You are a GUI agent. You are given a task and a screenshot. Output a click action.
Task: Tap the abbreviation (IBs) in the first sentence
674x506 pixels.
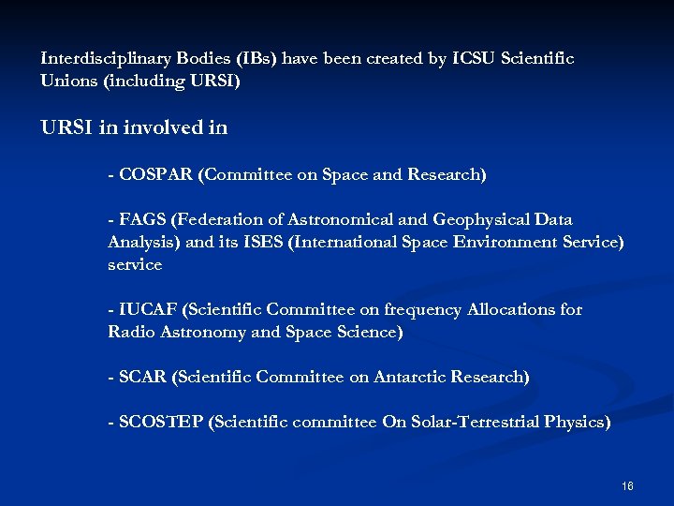coord(254,59)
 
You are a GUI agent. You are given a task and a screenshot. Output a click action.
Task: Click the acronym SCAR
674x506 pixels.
coord(142,377)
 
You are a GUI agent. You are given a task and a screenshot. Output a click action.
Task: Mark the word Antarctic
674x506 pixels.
coord(409,377)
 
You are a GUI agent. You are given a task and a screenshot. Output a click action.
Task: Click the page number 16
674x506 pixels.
coord(627,486)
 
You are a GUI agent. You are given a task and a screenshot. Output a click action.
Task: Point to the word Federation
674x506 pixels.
coord(219,219)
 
